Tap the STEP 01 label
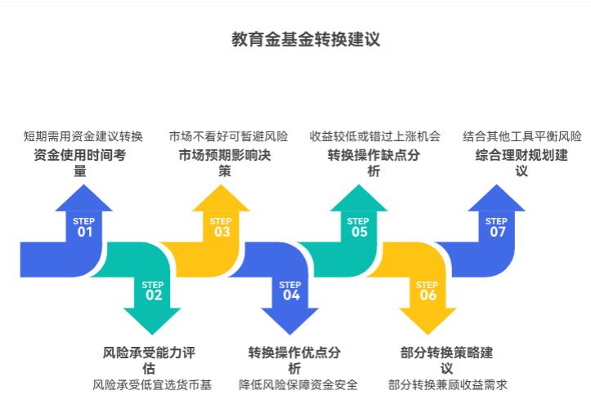click(84, 227)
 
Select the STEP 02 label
click(153, 291)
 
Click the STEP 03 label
click(221, 227)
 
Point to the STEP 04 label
click(290, 291)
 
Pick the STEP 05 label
click(358, 227)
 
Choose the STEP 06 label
click(427, 291)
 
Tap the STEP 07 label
click(496, 227)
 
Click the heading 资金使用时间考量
click(80, 162)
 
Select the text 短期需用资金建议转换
click(83, 136)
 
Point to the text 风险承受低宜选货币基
click(152, 384)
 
